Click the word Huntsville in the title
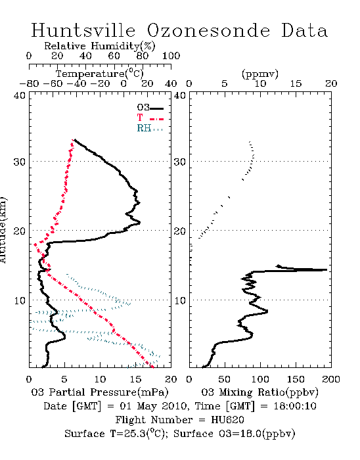[83, 30]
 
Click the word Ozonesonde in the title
[208, 30]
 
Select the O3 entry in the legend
[150, 108]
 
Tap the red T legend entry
[150, 118]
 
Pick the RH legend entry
[150, 128]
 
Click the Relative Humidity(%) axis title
[100, 46]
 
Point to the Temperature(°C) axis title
[100, 74]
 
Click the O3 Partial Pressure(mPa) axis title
[100, 392]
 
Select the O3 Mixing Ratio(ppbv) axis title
[259, 392]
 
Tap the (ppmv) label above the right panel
[260, 74]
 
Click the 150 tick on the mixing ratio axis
[296, 379]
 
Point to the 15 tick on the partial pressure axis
[135, 379]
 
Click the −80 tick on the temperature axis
[29, 84]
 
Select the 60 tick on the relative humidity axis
[114, 56]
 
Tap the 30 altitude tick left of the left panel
[19, 162]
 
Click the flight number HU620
[227, 420]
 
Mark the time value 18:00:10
[295, 406]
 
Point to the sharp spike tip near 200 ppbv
[326, 269]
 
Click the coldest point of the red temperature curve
[35, 244]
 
